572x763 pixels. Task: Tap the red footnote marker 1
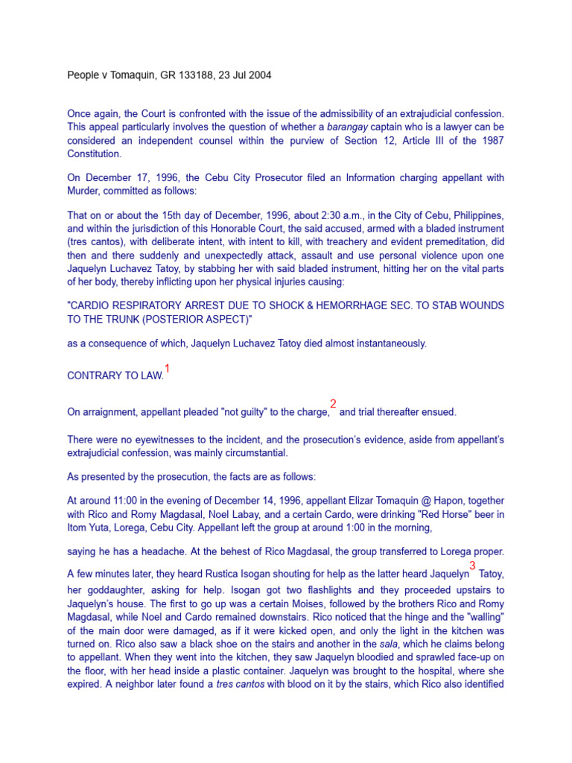[168, 369]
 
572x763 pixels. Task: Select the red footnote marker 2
[333, 404]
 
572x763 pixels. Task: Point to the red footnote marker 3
[472, 566]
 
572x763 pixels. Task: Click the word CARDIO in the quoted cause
[92, 306]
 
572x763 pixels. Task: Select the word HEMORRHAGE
[339, 306]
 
